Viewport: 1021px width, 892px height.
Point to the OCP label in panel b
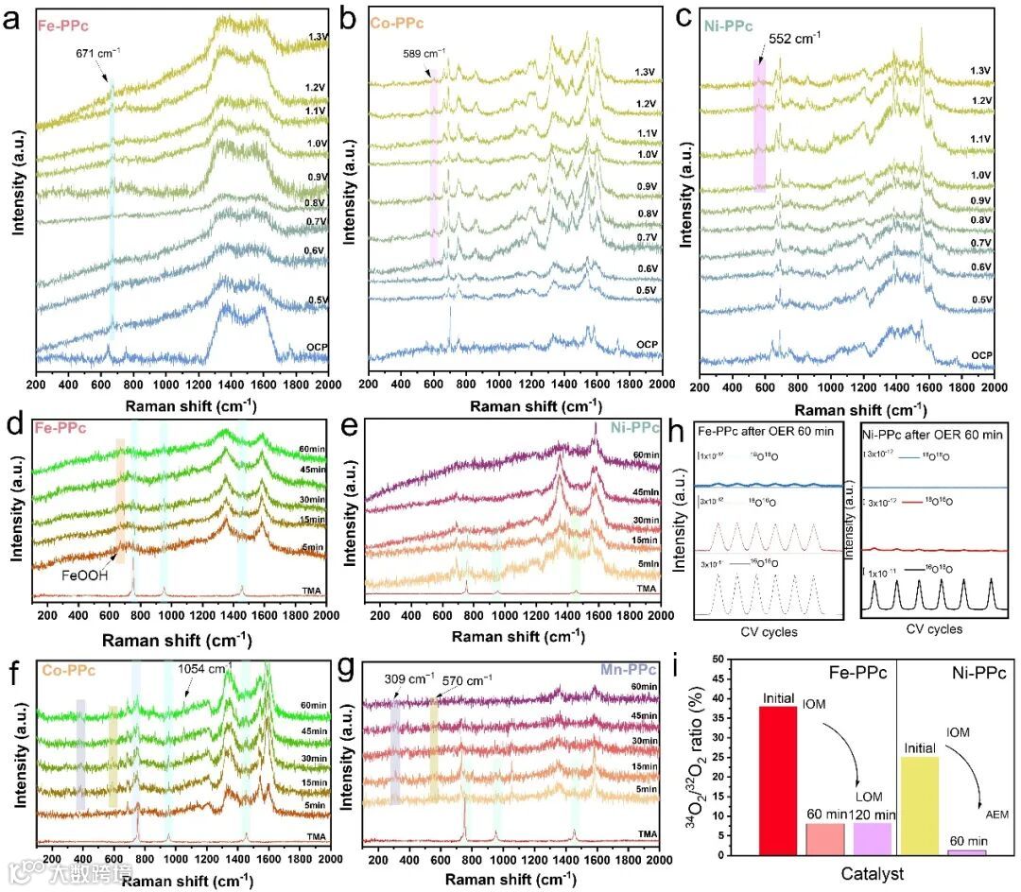tap(646, 344)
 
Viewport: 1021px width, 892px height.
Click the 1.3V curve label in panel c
tap(981, 70)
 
